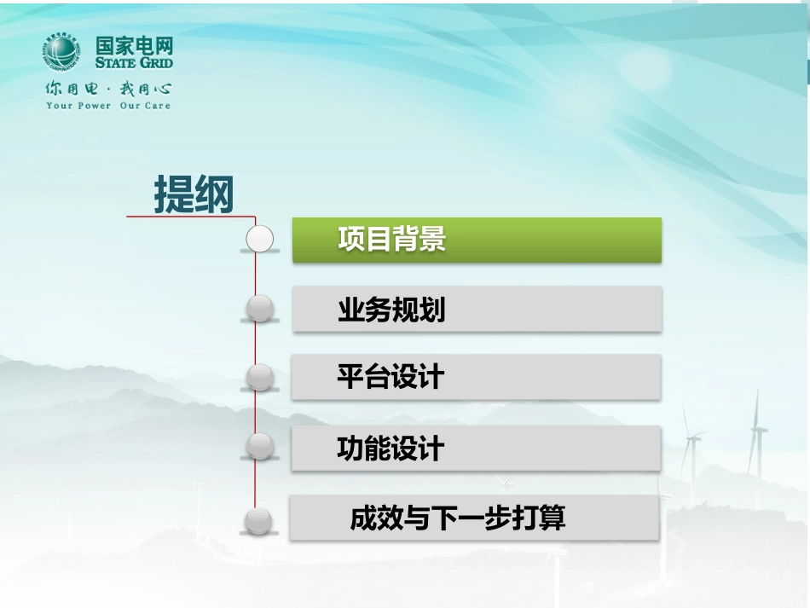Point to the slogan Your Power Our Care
[108, 106]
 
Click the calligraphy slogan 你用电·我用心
[108, 88]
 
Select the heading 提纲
[194, 195]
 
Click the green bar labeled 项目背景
[477, 240]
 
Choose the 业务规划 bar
[477, 309]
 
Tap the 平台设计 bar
[476, 376]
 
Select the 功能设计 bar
[476, 448]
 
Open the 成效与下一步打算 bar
[474, 518]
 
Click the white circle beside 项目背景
[260, 239]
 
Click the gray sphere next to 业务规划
[260, 307]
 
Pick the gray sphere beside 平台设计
[260, 376]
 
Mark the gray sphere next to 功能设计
[260, 445]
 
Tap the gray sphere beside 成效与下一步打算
[258, 520]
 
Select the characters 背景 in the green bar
[419, 240]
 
